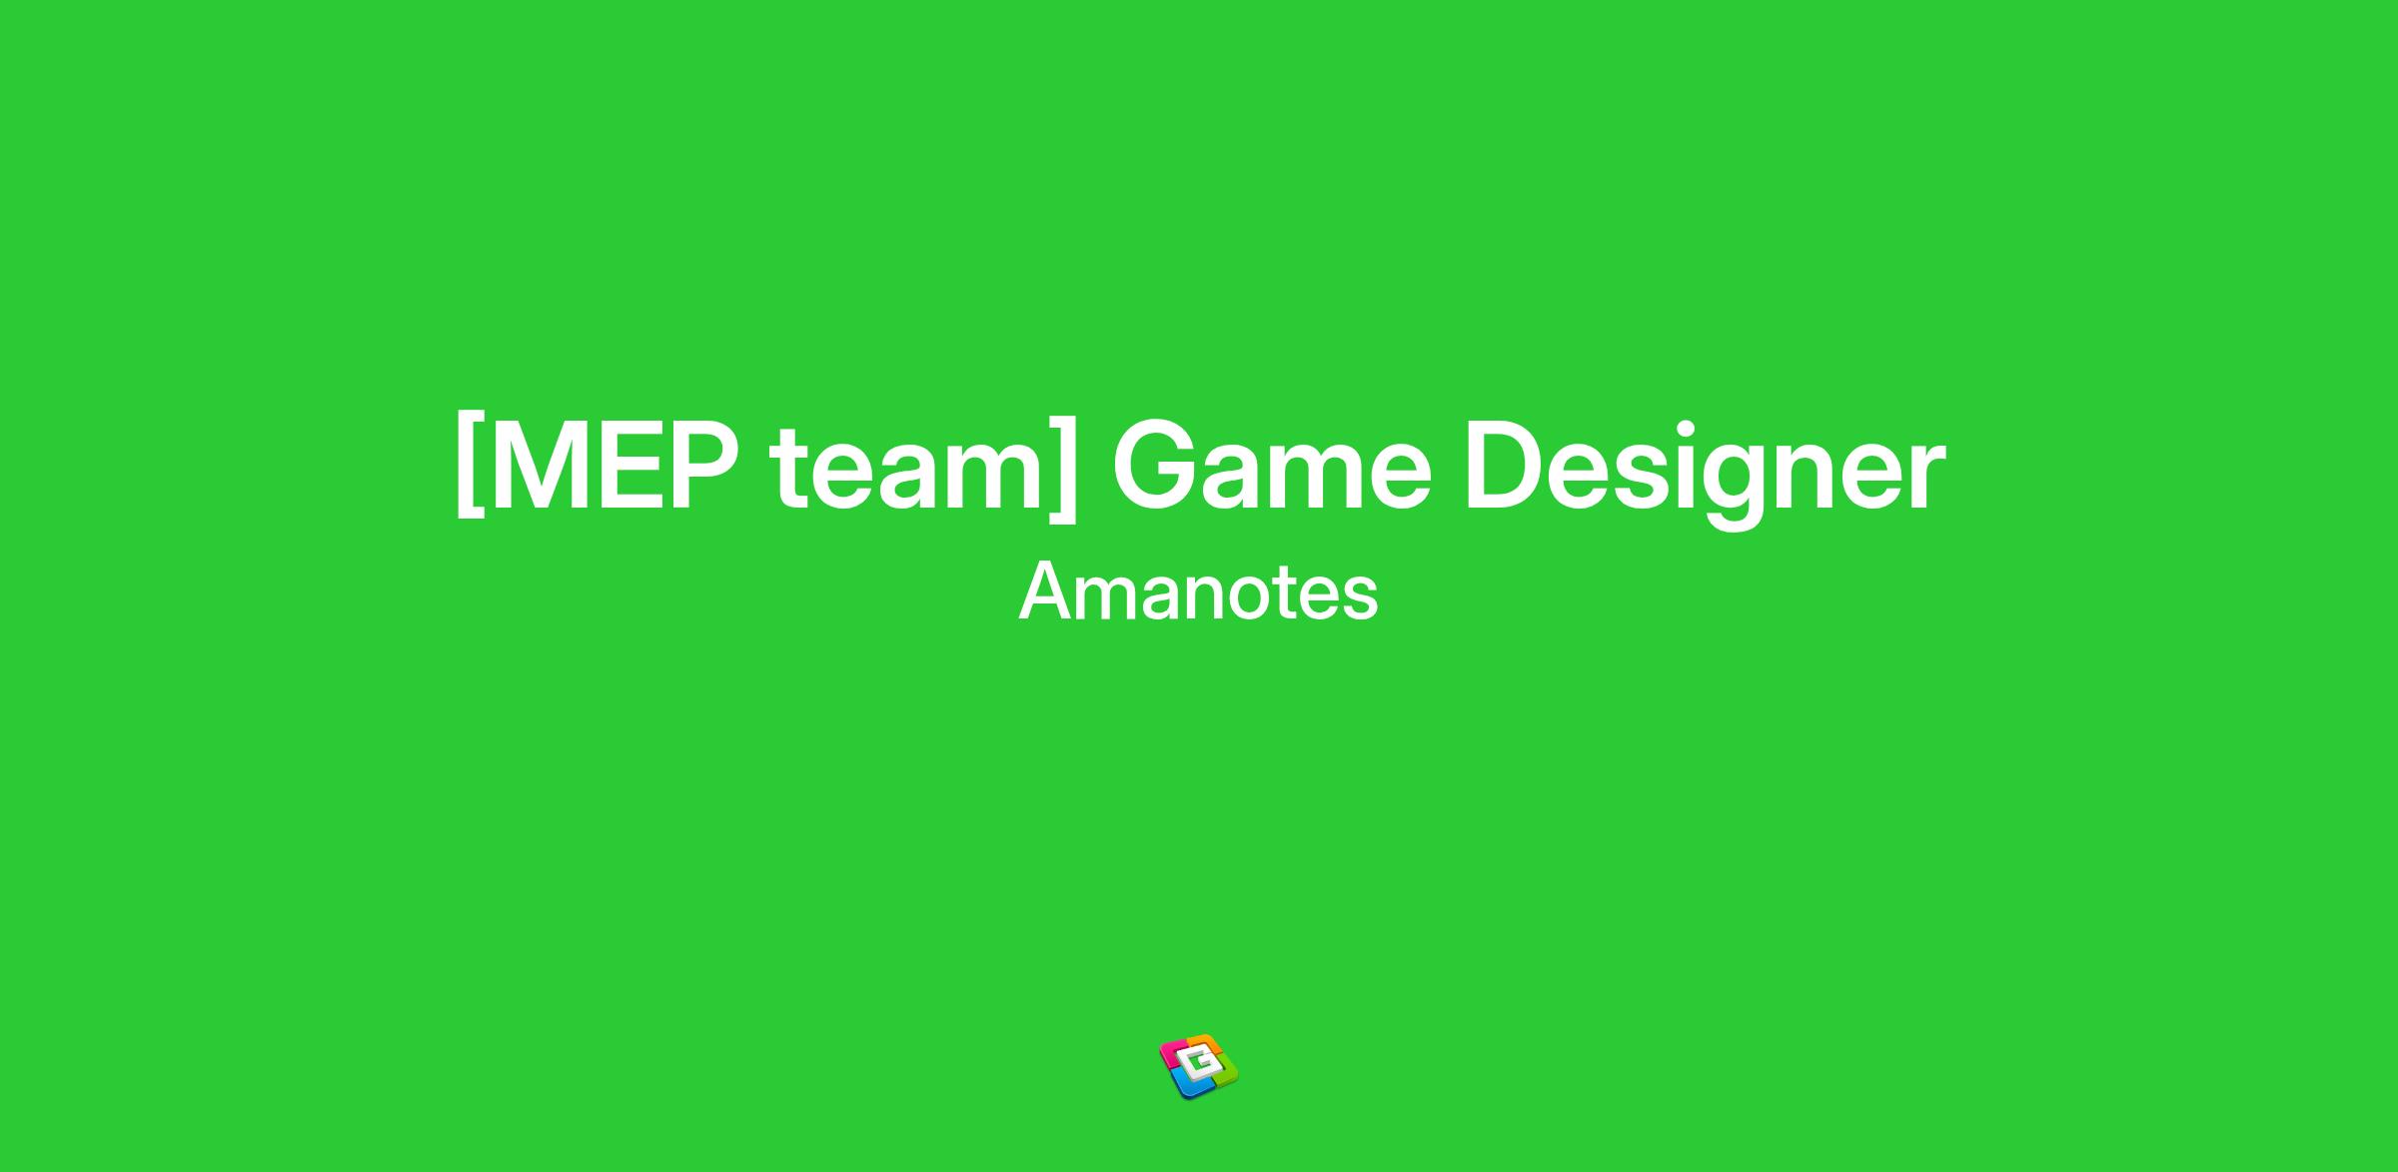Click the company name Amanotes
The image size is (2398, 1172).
[x=1198, y=591]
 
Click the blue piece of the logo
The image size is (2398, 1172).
[x=1187, y=1086]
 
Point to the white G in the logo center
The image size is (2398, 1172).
[x=1199, y=1066]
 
